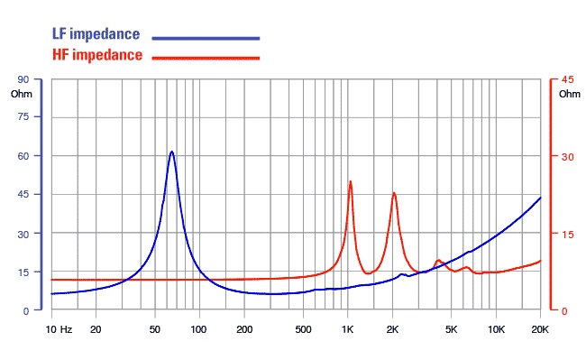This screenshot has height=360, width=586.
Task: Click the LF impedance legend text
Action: pos(96,34)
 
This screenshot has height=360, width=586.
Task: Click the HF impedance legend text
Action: pos(97,55)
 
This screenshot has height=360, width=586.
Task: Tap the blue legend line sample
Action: pos(206,38)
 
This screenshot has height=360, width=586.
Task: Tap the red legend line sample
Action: pos(206,58)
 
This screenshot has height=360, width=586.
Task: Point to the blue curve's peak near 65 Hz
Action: pos(172,152)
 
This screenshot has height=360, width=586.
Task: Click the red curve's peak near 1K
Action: pos(350,181)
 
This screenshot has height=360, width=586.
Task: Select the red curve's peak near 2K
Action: pos(394,193)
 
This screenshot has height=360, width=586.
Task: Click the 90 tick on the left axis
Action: pos(23,79)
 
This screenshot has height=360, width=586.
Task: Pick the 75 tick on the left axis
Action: pos(23,117)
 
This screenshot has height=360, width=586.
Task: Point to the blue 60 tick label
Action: pos(23,156)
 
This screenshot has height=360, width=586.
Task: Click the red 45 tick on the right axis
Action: pos(567,79)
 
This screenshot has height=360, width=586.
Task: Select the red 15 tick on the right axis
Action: pos(567,235)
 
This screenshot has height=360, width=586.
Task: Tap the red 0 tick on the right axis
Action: pos(564,311)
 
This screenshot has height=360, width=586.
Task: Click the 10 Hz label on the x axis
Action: pos(59,329)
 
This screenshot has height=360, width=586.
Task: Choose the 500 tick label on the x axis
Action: pos(303,329)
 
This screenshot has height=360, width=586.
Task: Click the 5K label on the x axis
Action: pos(451,329)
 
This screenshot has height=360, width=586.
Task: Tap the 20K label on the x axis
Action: pos(540,329)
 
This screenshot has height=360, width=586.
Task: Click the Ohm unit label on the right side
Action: pos(570,94)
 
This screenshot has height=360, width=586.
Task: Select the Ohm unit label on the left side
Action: pos(22,94)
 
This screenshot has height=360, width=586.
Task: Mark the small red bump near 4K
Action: pos(438,261)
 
